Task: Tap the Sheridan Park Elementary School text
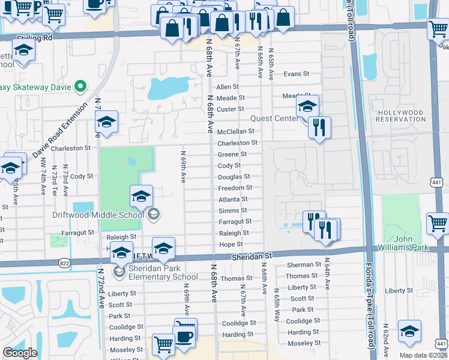click(154, 272)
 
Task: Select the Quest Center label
click(274, 118)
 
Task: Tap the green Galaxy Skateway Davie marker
click(79, 87)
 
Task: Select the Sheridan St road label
click(252, 256)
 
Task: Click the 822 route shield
click(65, 263)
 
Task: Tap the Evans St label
click(296, 74)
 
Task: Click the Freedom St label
click(234, 188)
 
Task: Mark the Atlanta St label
click(233, 199)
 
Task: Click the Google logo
click(20, 353)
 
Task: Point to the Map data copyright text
click(423, 355)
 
